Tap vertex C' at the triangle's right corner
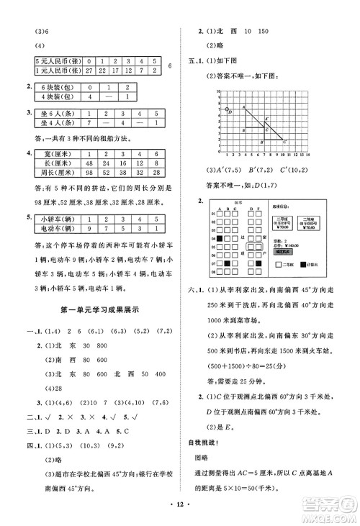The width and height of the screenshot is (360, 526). (282, 140)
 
